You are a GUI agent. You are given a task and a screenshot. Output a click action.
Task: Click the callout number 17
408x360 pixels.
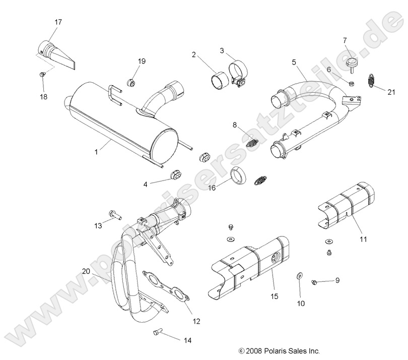pos(58,22)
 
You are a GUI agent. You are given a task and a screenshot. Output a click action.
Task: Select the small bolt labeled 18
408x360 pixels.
pos(43,75)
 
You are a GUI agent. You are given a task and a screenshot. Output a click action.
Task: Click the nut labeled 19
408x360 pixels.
pos(131,82)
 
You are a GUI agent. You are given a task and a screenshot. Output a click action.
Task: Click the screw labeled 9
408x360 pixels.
pos(314,281)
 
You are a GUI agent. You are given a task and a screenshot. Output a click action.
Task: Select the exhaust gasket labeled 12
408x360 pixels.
pos(165,289)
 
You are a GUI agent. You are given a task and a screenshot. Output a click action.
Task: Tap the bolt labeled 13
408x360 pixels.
pos(114,215)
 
